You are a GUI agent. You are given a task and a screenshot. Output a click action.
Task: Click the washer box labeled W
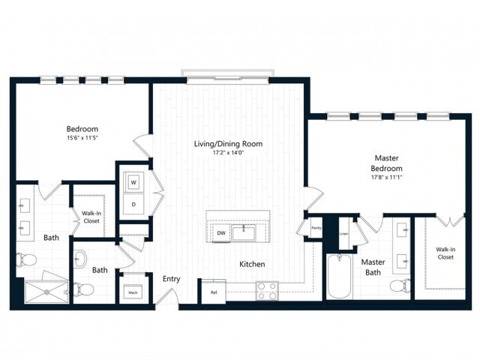coord(133,182)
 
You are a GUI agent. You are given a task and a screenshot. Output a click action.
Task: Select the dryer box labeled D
coord(133,203)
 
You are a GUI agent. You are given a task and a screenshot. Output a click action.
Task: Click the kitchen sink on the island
coord(243,233)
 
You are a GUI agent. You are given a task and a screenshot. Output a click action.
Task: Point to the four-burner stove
coord(267,290)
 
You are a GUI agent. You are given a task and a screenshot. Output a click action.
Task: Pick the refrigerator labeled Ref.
coord(213,292)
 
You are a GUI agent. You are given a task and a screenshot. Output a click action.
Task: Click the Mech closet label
coord(132,292)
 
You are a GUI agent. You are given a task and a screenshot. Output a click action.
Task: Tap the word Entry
coord(171,279)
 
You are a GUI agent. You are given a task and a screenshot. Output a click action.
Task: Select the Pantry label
coord(316,229)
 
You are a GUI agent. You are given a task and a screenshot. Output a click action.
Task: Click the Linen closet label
coord(343,233)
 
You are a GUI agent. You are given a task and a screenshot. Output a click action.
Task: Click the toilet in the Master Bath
coord(403,285)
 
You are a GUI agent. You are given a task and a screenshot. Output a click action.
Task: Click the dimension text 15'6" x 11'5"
coord(83,137)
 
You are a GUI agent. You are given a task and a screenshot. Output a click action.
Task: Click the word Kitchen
coord(252,264)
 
